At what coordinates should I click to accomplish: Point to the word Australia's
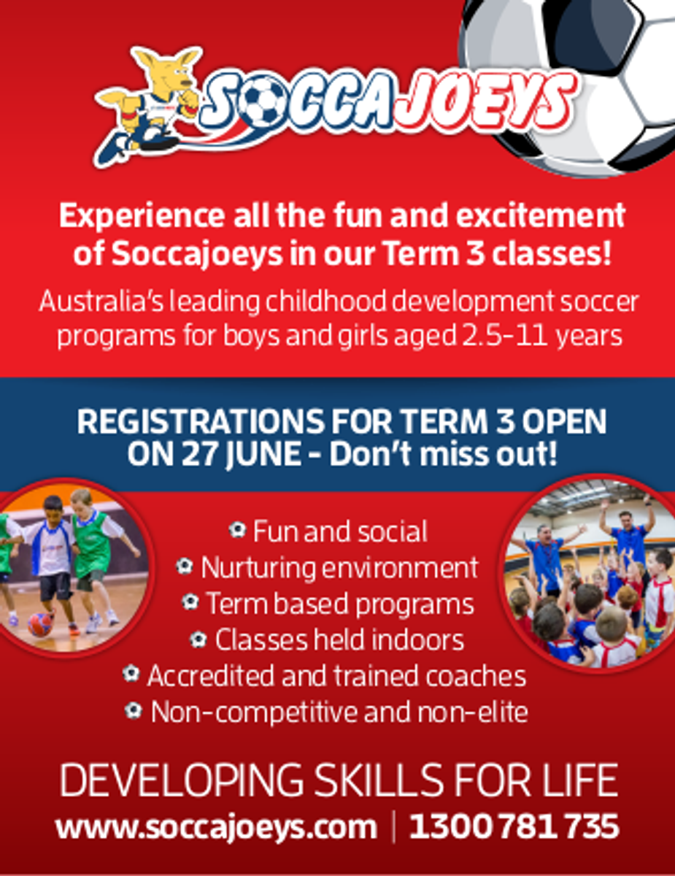click(101, 301)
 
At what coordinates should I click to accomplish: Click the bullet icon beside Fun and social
click(237, 529)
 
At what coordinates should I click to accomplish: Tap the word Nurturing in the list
click(258, 568)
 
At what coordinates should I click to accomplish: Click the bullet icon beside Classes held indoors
click(198, 639)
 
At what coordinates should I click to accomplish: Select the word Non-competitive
click(254, 712)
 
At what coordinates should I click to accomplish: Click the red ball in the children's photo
click(40, 624)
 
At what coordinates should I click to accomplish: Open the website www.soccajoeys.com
click(217, 828)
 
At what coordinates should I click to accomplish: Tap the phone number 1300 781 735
click(514, 826)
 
